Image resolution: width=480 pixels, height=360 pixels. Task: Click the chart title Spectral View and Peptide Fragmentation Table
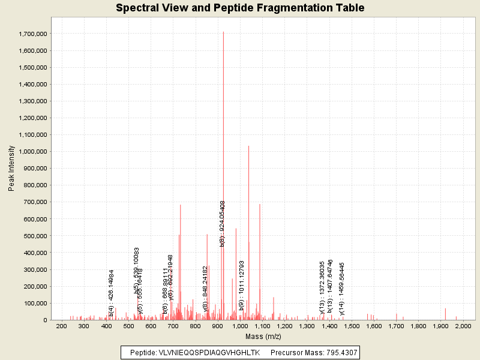click(240, 8)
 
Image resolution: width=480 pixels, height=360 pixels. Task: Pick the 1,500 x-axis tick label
click(351, 326)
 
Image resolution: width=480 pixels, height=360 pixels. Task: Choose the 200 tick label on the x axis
click(61, 326)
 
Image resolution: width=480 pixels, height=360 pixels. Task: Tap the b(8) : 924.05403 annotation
click(222, 224)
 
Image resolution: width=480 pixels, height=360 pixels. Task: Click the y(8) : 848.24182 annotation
click(206, 289)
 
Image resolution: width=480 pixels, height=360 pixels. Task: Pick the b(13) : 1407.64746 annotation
click(331, 287)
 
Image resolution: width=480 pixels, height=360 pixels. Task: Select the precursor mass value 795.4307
click(341, 353)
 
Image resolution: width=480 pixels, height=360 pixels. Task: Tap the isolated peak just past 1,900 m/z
click(445, 314)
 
